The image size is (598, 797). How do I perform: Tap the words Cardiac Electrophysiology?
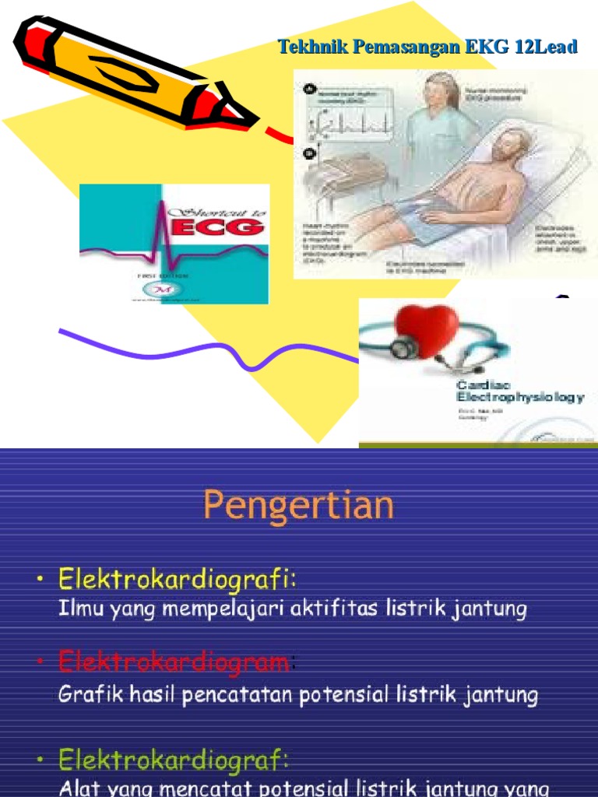pyautogui.click(x=518, y=391)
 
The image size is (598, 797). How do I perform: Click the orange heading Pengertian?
pyautogui.click(x=298, y=506)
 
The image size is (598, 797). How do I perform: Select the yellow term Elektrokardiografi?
pyautogui.click(x=178, y=580)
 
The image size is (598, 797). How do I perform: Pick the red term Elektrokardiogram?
pyautogui.click(x=174, y=663)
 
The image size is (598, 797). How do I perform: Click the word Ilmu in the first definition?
pyautogui.click(x=78, y=609)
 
